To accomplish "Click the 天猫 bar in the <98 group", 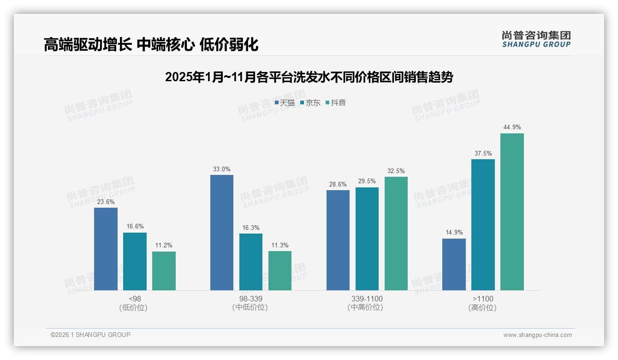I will pos(106,249).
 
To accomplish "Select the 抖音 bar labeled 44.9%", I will pos(512,212).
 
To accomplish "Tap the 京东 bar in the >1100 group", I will pos(483,225).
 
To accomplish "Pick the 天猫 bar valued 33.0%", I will pos(222,233).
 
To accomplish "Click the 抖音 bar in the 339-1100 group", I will pos(396,234).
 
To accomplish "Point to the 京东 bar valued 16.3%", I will pos(251,262).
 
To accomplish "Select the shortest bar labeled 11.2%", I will pos(164,271).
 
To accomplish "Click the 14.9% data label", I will pos(454,233).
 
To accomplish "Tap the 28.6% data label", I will pos(338,184).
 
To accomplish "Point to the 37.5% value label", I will pos(483,153).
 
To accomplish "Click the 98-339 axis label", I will pos(250,299).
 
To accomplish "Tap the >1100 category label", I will pos(483,299).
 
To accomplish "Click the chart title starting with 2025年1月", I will pos(309,77).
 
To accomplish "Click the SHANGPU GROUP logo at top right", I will pos(536,39).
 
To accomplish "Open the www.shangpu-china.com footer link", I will pos(537,335).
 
